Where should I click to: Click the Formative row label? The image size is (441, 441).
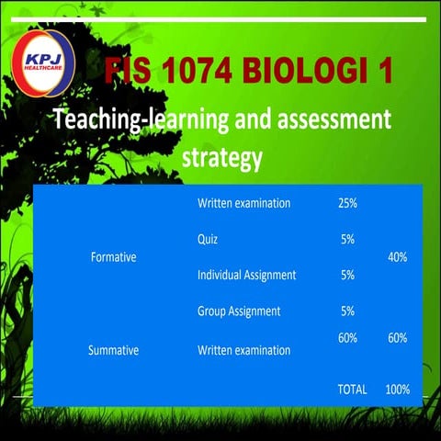click(113, 257)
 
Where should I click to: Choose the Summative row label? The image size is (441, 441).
click(113, 350)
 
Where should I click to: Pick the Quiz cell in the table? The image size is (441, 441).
click(208, 239)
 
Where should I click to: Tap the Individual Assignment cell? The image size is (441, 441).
click(246, 275)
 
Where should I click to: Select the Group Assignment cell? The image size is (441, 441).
click(238, 311)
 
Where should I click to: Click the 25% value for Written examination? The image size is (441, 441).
click(348, 203)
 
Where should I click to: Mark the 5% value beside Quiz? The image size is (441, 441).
click(348, 239)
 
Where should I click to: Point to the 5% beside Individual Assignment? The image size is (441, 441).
click(348, 275)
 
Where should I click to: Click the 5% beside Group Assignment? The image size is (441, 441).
click(348, 311)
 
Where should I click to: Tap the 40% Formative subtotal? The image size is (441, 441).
click(397, 257)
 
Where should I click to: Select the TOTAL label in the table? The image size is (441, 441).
click(352, 390)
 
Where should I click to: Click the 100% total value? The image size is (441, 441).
click(398, 390)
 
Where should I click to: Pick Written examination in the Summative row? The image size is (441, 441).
click(243, 350)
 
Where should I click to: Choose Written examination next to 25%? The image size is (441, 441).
click(243, 203)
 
